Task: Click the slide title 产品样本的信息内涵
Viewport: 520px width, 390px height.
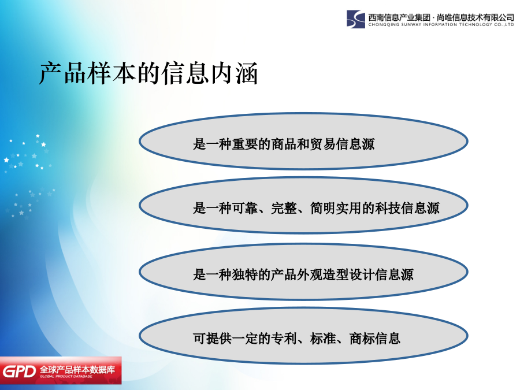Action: tap(148, 73)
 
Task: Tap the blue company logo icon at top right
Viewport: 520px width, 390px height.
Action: tap(355, 19)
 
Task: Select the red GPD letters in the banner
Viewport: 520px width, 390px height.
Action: tap(19, 372)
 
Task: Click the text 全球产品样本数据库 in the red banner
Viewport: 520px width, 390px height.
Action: tap(77, 369)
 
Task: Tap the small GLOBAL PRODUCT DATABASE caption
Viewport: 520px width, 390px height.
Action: tap(66, 376)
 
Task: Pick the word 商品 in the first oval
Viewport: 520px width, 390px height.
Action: tap(284, 144)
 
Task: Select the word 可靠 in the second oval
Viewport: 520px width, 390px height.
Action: tap(245, 208)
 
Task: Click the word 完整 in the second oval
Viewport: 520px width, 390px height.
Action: tap(284, 208)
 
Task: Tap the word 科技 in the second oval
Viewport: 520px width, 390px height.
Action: tap(388, 208)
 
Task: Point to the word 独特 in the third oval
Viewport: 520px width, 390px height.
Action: tap(245, 274)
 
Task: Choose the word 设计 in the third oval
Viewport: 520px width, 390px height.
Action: tap(362, 274)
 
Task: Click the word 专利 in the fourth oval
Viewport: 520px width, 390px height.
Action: tap(284, 338)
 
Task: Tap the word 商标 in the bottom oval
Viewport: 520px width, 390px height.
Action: tap(362, 338)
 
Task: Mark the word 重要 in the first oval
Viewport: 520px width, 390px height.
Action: tap(245, 144)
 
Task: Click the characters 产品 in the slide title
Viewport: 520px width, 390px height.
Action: tap(62, 73)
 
